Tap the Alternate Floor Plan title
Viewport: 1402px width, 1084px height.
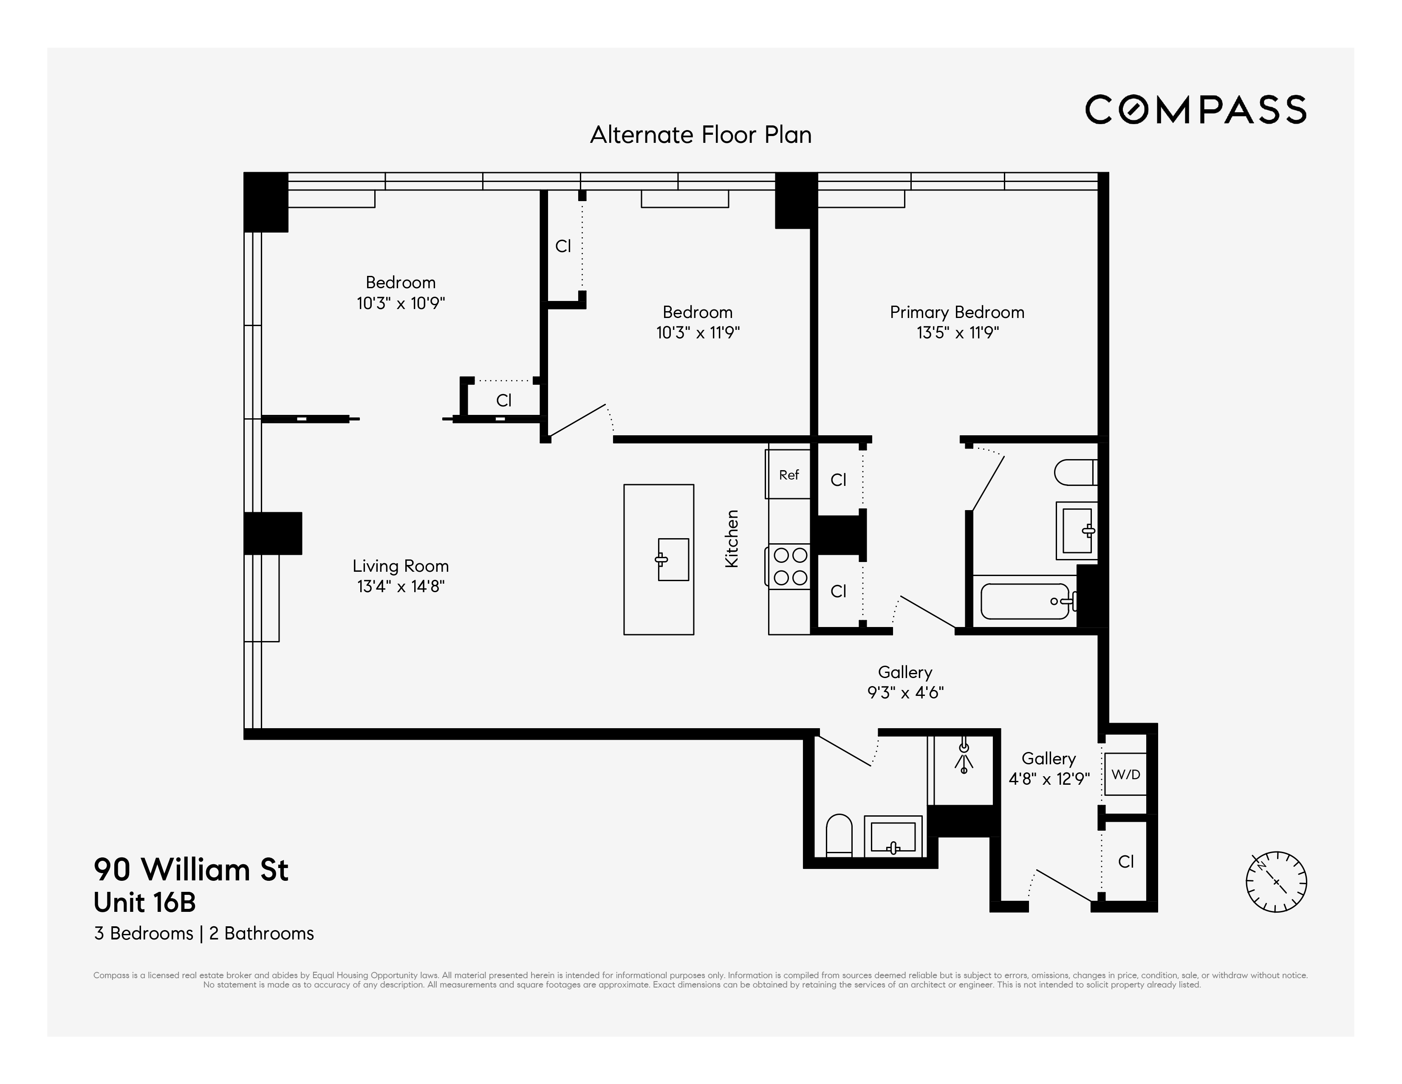[x=700, y=135]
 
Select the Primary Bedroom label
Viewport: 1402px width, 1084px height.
[x=956, y=313]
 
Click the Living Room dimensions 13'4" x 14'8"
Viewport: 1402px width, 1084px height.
[x=401, y=586]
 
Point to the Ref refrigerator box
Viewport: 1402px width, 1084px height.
[x=788, y=474]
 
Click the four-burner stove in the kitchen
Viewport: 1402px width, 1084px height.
[x=790, y=566]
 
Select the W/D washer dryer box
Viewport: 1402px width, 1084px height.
[x=1125, y=775]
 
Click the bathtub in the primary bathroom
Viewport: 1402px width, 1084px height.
[x=1025, y=601]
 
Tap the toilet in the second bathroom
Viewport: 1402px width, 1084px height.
[x=838, y=835]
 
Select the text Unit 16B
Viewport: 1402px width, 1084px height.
[x=144, y=902]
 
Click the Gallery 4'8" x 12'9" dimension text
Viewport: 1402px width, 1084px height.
[x=1049, y=779]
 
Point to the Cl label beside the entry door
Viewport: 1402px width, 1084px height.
[x=1126, y=862]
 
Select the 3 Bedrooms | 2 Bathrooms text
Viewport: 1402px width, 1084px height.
[x=204, y=933]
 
